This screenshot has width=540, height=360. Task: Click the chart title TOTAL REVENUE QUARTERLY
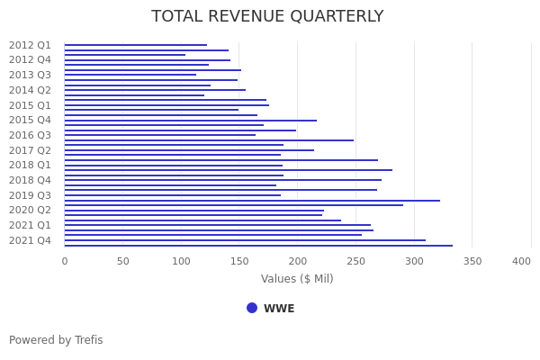pos(267,16)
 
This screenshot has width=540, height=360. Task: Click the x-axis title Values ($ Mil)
pos(297,279)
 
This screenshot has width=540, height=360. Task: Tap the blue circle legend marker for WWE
pos(252,308)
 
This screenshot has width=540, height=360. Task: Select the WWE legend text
pos(279,309)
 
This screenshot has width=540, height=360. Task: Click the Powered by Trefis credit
pos(56,340)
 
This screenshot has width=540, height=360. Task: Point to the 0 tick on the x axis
pos(64,261)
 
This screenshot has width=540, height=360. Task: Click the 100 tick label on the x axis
pos(181,261)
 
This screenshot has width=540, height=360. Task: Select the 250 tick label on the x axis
pos(355,261)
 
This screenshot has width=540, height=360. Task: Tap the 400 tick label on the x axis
pos(521,261)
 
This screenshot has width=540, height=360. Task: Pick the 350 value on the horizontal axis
pos(472,261)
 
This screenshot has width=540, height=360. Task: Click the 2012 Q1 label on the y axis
pos(30,45)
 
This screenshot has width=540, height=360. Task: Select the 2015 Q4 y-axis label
pos(30,120)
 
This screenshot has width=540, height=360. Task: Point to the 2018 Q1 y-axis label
pos(30,165)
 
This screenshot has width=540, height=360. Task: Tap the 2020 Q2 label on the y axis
pos(30,210)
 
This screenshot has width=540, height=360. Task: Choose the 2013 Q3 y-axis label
pos(30,75)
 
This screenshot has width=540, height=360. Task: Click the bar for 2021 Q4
pos(243,240)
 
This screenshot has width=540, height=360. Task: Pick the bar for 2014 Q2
pos(154,90)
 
